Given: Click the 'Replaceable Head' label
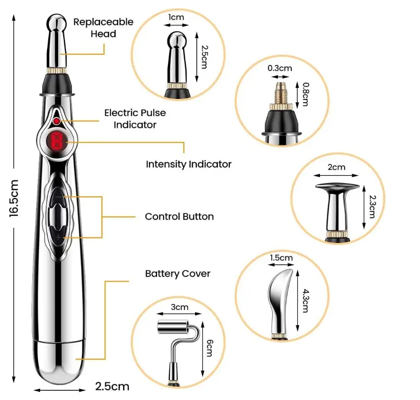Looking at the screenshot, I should click(103, 28).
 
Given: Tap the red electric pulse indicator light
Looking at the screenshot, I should click(56, 121).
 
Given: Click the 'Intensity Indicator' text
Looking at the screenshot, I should click(189, 164).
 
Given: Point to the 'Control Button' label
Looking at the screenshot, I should click(179, 216).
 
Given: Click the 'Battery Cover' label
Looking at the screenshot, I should click(177, 273).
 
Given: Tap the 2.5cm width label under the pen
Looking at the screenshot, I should click(112, 386).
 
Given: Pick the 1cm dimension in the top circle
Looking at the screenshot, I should click(176, 17).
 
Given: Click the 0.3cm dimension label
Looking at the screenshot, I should click(280, 68).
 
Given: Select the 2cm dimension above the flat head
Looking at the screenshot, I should click(336, 167).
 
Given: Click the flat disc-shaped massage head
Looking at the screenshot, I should click(337, 187).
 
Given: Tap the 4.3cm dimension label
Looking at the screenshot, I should click(305, 301).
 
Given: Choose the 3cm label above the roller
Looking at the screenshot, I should click(179, 307).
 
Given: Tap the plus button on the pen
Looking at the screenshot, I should click(59, 237).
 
